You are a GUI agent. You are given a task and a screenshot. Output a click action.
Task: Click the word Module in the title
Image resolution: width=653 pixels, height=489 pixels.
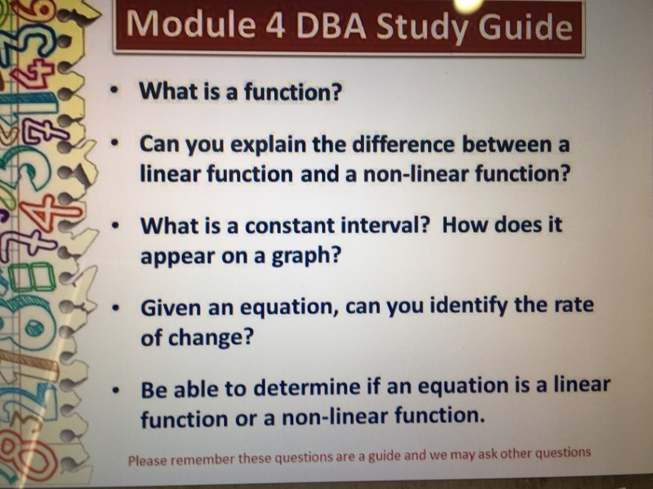point(191,24)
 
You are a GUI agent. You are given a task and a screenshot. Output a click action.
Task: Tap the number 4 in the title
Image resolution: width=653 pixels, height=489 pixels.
point(275,25)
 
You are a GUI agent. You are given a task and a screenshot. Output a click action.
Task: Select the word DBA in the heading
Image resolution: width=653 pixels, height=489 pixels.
point(331,26)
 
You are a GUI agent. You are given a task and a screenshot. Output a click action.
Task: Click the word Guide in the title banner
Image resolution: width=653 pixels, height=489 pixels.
point(526,27)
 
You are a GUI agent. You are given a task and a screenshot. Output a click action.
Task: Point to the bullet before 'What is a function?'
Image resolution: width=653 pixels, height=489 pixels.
point(113,91)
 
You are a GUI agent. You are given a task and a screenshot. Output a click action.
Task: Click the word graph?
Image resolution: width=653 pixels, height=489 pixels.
point(306,256)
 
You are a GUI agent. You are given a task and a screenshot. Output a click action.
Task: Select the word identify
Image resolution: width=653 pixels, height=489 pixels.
point(468,306)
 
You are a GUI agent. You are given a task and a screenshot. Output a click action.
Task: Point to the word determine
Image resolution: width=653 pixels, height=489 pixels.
point(307,388)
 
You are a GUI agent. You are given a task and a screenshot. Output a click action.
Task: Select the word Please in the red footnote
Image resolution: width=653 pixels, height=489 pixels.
point(148,460)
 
